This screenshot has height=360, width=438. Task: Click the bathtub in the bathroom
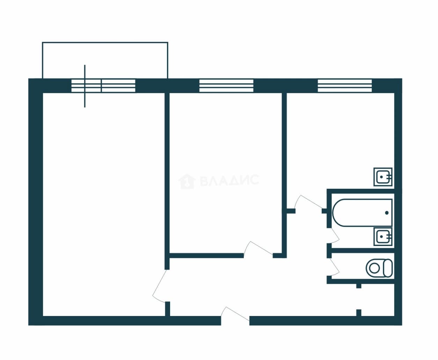coord(362,213)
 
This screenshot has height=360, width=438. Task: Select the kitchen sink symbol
coord(383,177)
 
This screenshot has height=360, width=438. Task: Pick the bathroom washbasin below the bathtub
coord(383,237)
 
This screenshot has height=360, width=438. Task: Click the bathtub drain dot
coord(387,213)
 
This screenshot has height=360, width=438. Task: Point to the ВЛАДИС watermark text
coord(230,180)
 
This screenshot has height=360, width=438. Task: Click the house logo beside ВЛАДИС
coord(187,181)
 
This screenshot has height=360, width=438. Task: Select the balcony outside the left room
coord(105,60)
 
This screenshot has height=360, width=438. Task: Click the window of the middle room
coord(226,86)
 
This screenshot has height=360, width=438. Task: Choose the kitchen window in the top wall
coord(345,86)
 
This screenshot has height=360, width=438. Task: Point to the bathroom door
coord(335,235)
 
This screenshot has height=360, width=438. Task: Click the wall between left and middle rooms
coord(167,181)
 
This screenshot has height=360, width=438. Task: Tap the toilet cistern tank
coord(388,268)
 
